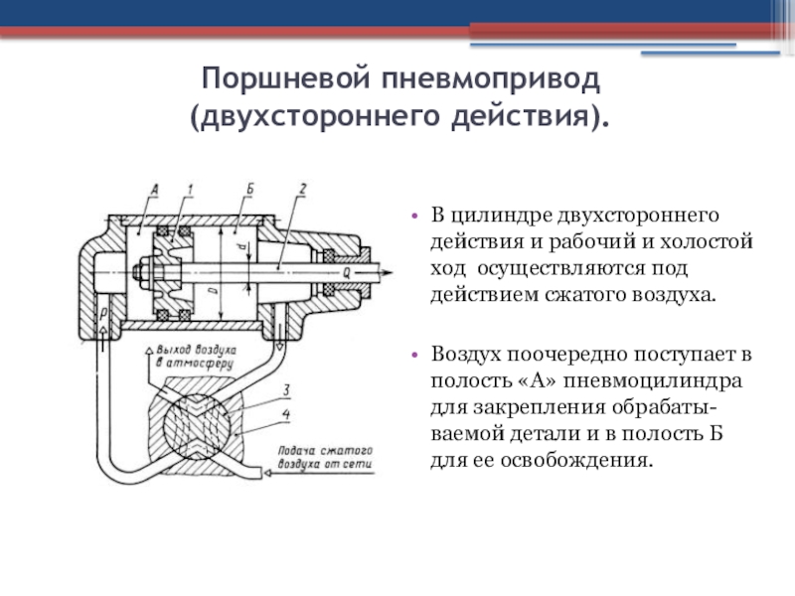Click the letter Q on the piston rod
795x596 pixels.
click(344, 268)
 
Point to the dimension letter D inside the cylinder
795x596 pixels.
click(212, 289)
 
